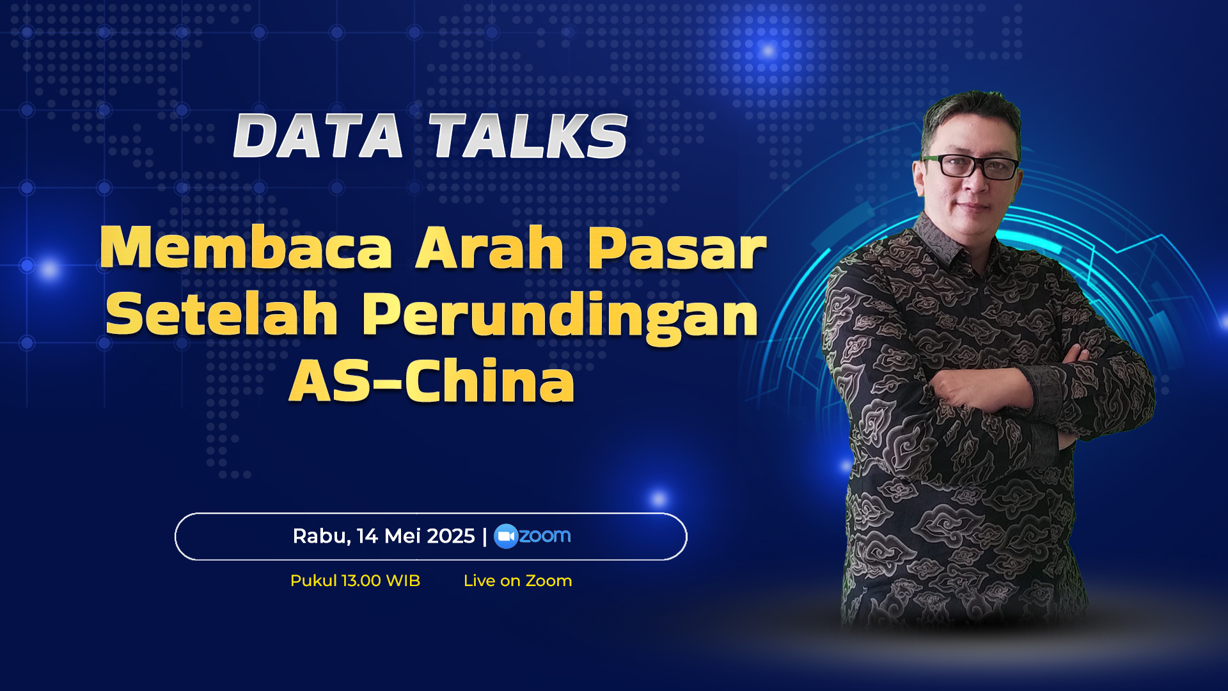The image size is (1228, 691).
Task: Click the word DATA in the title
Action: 318,136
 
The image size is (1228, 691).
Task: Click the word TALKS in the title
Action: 528,136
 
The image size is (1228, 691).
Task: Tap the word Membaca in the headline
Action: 246,248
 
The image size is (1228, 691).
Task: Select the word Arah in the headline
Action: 490,248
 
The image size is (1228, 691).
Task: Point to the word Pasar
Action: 677,249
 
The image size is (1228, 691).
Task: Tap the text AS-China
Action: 432,381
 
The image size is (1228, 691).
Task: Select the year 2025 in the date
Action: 451,536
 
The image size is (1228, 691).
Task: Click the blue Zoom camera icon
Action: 506,536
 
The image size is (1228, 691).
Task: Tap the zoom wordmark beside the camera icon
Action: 545,536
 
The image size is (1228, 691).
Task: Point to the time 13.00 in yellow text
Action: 361,581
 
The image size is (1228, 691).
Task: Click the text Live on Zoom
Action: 518,581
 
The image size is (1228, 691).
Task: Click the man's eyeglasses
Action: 970,166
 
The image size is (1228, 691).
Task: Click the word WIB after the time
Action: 404,581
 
